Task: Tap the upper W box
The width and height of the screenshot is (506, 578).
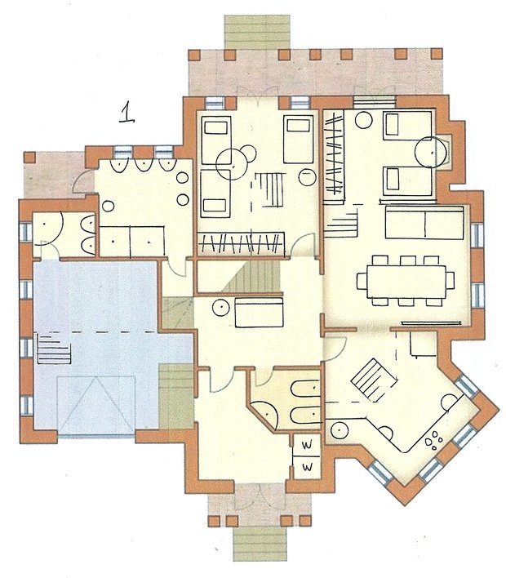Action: (307, 445)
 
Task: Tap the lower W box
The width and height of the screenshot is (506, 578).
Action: (307, 467)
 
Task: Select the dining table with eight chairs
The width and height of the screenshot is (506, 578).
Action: (406, 281)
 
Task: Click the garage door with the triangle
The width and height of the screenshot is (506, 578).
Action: (95, 405)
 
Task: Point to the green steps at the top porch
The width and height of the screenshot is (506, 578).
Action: (257, 31)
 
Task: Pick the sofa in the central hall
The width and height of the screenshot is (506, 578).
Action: (259, 313)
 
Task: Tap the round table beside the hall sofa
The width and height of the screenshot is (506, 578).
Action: (221, 308)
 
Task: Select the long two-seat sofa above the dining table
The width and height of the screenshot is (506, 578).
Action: (424, 223)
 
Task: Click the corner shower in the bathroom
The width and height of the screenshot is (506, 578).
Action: (265, 415)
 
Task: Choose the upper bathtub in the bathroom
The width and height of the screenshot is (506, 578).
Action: (305, 389)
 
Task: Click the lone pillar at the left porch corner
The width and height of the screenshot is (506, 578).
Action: (29, 157)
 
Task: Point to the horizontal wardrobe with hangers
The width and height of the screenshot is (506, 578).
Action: (241, 243)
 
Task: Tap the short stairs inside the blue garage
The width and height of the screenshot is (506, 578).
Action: (54, 348)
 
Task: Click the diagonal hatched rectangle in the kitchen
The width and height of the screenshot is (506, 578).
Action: (371, 380)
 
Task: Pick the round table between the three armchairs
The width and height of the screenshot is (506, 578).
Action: (231, 165)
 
